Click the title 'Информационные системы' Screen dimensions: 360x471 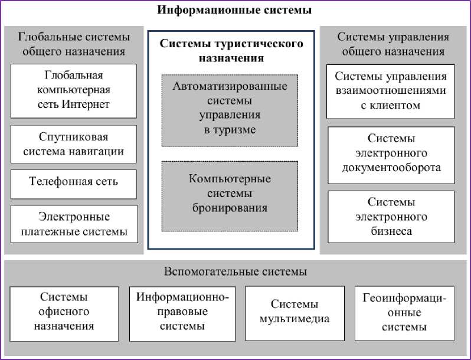tap(234, 10)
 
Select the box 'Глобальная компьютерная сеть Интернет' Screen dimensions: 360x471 tap(74, 90)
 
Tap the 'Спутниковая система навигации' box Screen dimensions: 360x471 tap(74, 144)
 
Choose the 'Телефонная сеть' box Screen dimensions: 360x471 tap(74, 181)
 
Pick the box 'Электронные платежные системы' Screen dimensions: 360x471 tap(74, 224)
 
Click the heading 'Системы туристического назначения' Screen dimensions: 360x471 tap(232, 51)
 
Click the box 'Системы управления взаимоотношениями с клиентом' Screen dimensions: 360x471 tap(391, 91)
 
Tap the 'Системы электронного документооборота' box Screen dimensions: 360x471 tap(391, 153)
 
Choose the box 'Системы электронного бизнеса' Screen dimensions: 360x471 tap(391, 217)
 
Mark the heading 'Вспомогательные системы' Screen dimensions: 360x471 tap(235, 272)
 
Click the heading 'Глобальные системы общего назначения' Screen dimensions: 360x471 tap(74, 44)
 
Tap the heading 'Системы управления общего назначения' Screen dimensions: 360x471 tap(393, 44)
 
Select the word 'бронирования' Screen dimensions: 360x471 tap(230, 208)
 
